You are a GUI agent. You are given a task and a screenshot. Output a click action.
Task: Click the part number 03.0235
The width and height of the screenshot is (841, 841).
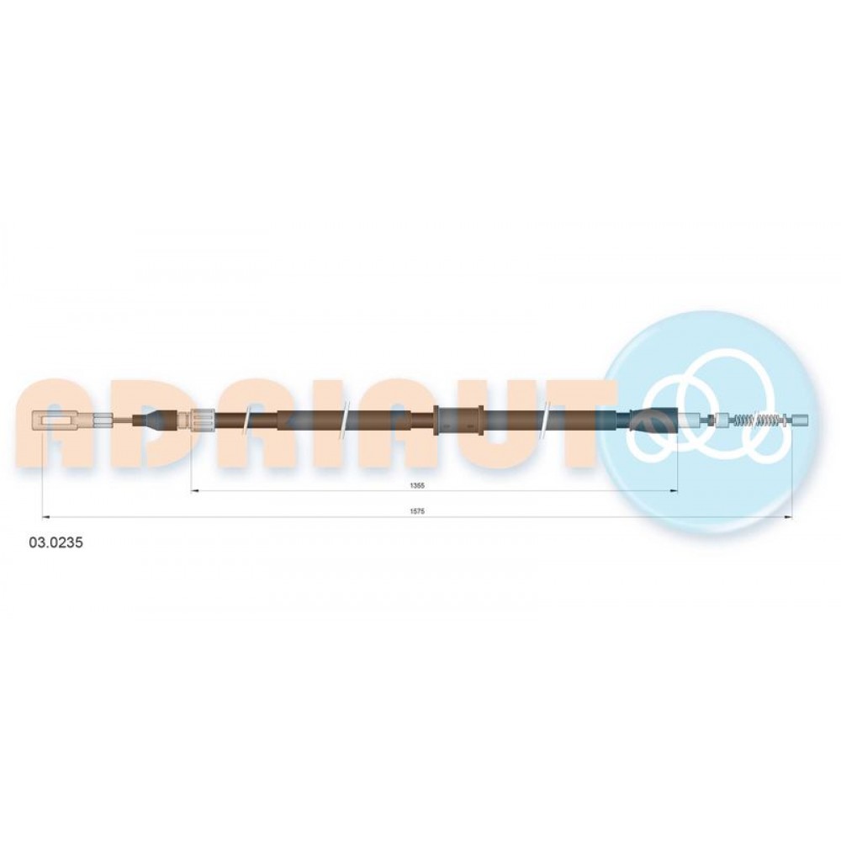(x=56, y=542)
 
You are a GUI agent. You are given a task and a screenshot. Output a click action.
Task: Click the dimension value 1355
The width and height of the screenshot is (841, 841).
(x=417, y=485)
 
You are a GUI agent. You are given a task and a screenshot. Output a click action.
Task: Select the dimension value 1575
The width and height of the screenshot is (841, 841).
(x=417, y=511)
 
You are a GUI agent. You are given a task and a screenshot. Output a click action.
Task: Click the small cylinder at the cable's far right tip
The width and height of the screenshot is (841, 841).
(x=800, y=419)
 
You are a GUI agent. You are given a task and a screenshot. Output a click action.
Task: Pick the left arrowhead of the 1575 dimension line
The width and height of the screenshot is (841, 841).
(x=45, y=517)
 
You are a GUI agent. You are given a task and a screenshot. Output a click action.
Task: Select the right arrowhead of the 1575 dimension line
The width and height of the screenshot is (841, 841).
(x=789, y=517)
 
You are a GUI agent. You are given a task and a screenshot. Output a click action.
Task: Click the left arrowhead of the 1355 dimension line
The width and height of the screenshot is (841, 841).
(x=195, y=491)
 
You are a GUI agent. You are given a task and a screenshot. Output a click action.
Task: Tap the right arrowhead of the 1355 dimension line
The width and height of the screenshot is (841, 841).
(x=674, y=491)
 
